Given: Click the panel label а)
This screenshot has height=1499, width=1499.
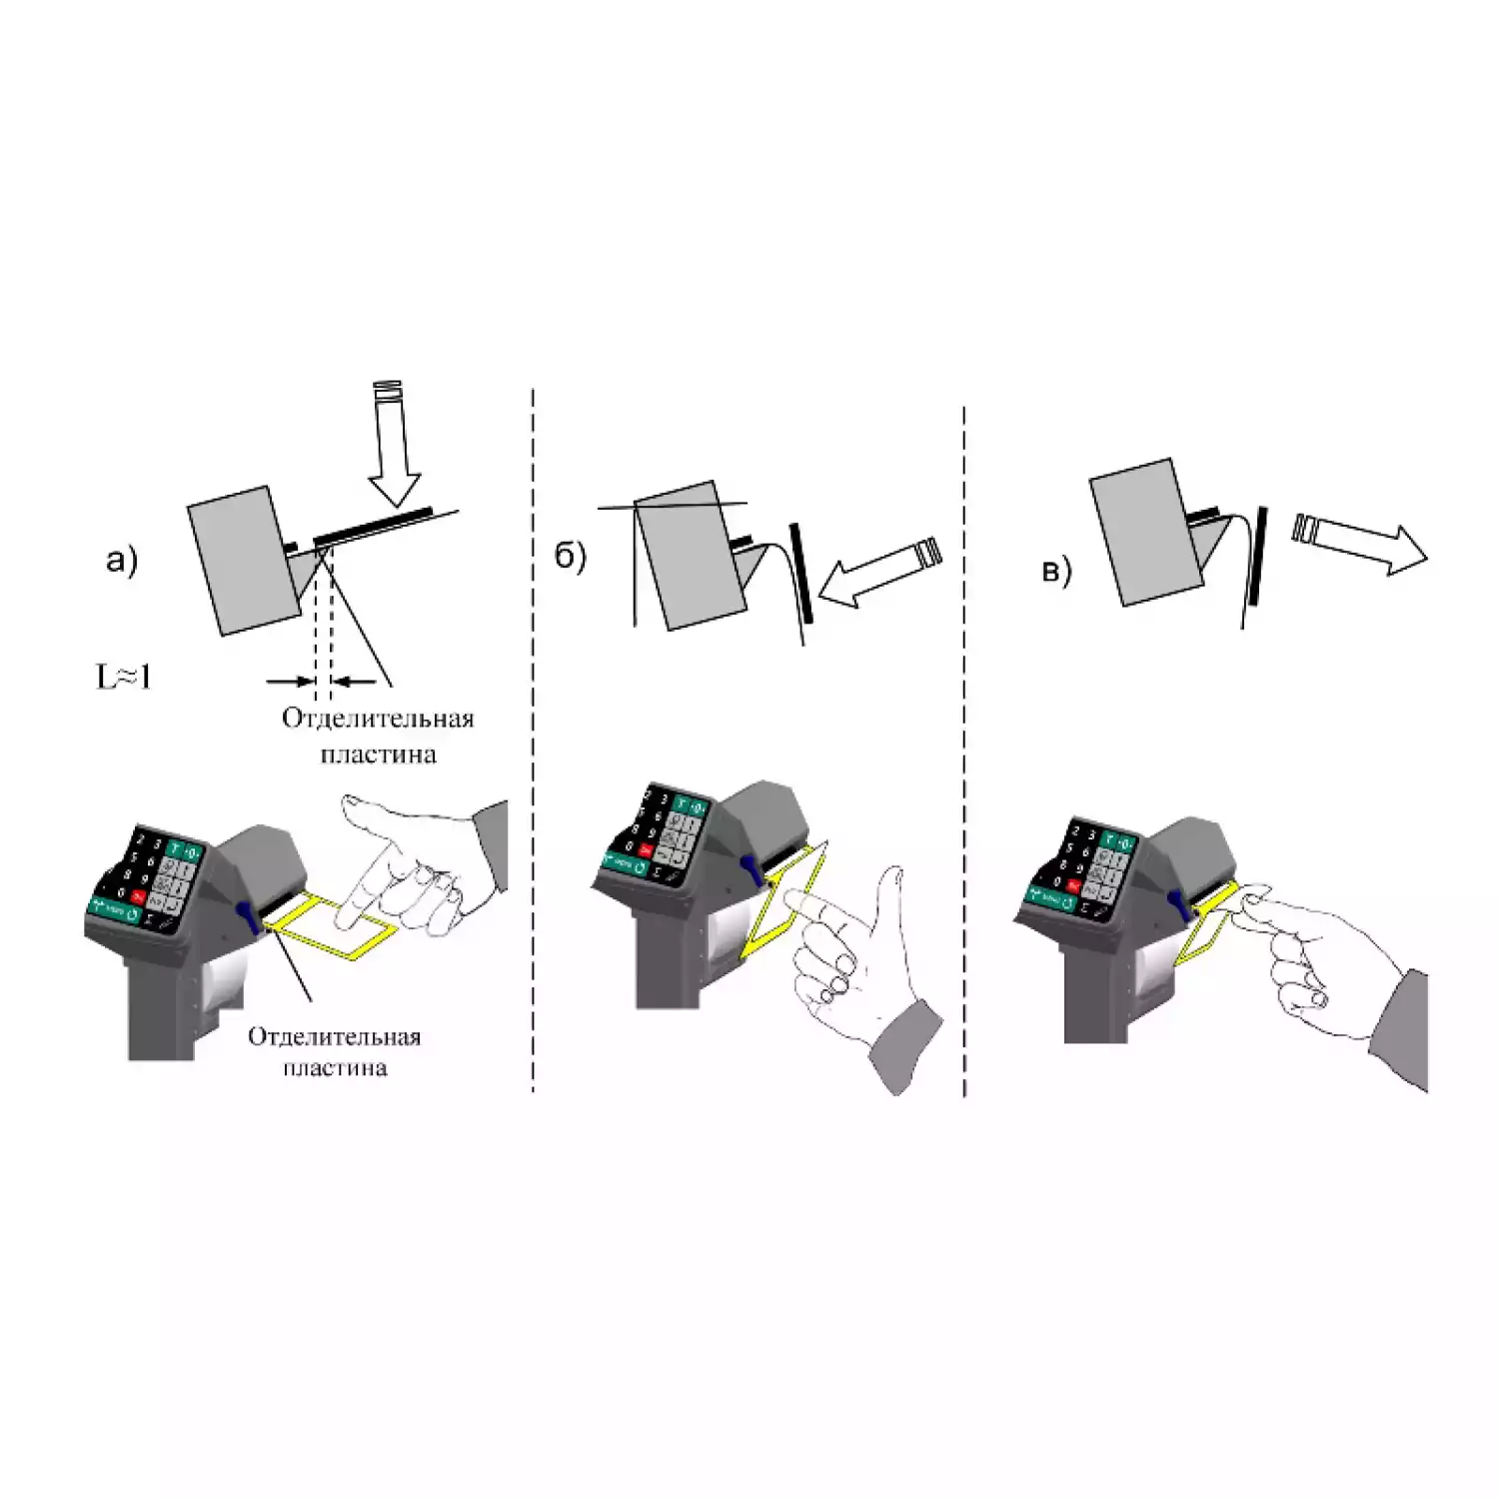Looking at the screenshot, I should pos(121,561).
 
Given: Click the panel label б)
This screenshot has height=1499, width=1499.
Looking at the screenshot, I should pos(570,557).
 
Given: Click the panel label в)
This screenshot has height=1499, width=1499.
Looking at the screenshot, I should pos(1056,571).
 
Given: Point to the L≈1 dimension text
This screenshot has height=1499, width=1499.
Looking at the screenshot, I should pos(123,678).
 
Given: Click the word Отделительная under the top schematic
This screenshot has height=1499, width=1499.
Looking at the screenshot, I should pos(377,719).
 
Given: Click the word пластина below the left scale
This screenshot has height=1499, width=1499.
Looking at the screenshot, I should pos(334,1068).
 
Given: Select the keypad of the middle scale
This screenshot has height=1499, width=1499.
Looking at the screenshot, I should pos(660,835).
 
